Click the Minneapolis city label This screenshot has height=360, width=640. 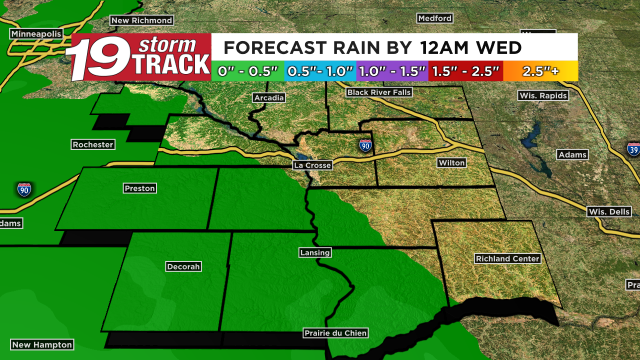point(36,34)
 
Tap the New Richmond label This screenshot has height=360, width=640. point(141,20)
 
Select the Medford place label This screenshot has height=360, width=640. point(434,18)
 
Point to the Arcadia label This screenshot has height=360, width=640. point(269,97)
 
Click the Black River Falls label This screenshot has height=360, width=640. point(379,92)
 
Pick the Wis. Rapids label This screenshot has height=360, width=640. point(543,95)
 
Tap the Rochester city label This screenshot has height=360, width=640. point(93,144)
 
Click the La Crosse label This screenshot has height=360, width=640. point(312,165)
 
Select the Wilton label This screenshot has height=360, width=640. point(451,162)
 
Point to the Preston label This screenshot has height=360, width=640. point(140,188)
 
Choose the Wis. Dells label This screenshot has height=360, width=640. point(609,211)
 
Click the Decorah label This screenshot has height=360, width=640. point(183,266)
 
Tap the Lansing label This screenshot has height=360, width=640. point(315,252)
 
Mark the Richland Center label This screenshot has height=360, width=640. point(507,258)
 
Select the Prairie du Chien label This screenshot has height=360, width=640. point(335,333)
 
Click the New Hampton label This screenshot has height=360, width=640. point(42,344)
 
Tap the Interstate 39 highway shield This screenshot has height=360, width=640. point(634,149)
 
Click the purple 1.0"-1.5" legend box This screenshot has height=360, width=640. point(392,71)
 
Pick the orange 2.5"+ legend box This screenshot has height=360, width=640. point(540,71)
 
